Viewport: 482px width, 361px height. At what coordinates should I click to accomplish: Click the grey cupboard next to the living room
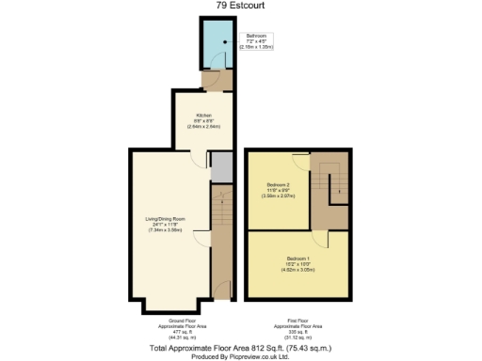(x=221, y=166)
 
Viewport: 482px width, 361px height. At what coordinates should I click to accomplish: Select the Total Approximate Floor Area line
(x=241, y=348)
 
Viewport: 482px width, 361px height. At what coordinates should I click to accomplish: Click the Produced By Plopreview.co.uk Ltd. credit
(x=241, y=356)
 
